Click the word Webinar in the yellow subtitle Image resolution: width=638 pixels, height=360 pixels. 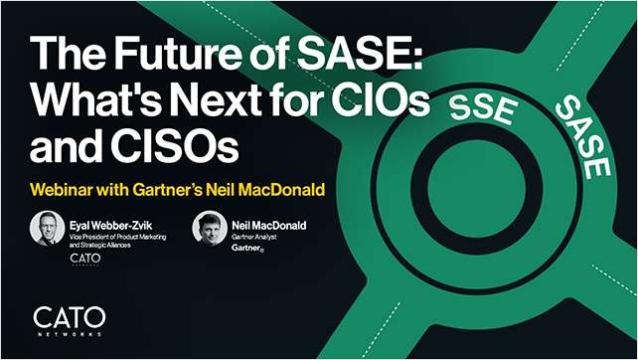67,187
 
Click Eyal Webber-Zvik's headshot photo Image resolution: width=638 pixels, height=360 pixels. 49,230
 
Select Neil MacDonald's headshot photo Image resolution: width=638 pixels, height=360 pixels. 211,230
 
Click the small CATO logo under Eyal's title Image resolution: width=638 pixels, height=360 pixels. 86,261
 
